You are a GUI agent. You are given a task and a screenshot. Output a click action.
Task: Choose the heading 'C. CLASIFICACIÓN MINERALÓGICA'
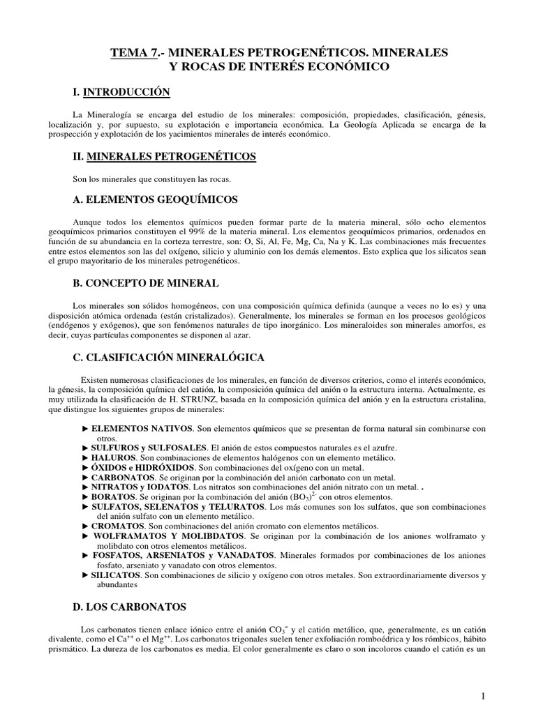click(x=167, y=357)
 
